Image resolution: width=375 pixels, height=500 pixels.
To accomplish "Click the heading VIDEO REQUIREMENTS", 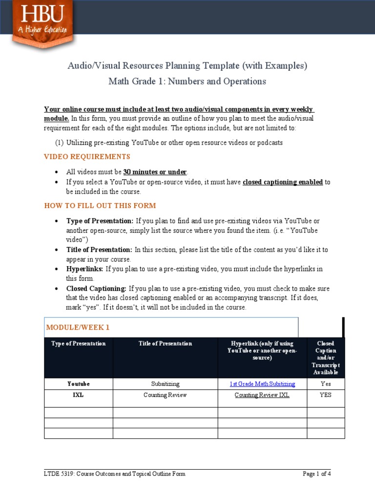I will [x=87, y=157].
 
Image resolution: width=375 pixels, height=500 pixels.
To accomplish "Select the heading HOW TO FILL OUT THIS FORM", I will [x=100, y=206].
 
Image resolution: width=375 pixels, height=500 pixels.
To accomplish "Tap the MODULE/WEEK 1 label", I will [x=78, y=327].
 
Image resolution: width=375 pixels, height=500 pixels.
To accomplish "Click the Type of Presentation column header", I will [x=79, y=344].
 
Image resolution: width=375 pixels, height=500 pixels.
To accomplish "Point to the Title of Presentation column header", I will [x=165, y=344].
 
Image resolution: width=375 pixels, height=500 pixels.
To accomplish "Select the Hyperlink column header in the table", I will [x=262, y=351].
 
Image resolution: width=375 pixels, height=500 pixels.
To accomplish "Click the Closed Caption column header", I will [x=326, y=358].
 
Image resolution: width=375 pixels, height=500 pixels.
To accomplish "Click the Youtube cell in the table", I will [x=79, y=384].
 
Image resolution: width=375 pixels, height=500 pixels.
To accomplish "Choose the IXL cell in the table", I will [x=79, y=395].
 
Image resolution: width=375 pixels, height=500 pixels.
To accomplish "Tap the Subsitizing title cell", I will [x=165, y=384].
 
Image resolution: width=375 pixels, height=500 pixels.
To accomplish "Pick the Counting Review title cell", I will [x=165, y=395].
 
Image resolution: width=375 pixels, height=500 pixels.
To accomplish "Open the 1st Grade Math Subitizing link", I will [x=262, y=384].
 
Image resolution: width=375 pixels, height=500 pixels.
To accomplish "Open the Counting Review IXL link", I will [x=262, y=395].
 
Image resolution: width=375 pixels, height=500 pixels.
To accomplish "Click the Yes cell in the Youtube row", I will [x=326, y=384].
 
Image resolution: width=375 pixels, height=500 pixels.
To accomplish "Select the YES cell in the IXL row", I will [x=326, y=395].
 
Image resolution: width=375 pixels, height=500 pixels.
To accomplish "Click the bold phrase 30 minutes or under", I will [x=155, y=172].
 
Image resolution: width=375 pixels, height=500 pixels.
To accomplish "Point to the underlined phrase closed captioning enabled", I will [x=283, y=182].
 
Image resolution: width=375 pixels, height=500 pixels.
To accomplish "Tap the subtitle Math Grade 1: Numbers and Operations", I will [x=187, y=82].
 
